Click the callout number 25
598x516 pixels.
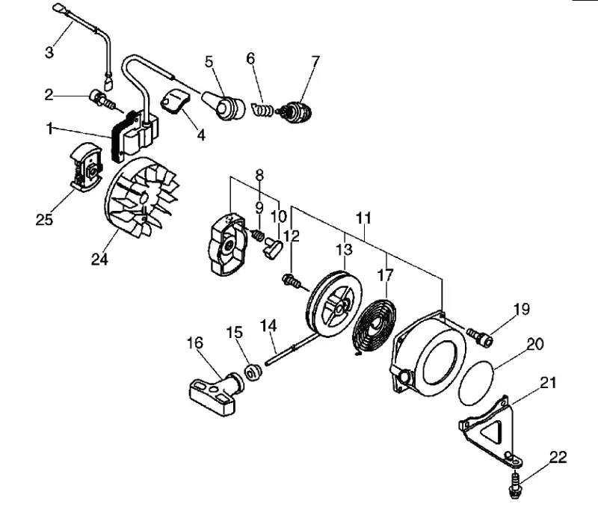44,219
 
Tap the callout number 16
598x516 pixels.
194,343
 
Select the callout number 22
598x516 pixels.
558,457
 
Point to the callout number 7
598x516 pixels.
315,61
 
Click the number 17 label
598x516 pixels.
385,274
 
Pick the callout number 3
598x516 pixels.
49,52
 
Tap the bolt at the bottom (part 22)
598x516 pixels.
515,485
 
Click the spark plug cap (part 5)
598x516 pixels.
224,104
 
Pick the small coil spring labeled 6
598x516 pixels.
262,109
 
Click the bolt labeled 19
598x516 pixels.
480,337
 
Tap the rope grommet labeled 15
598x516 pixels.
252,372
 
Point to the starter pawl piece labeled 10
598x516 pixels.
272,248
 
